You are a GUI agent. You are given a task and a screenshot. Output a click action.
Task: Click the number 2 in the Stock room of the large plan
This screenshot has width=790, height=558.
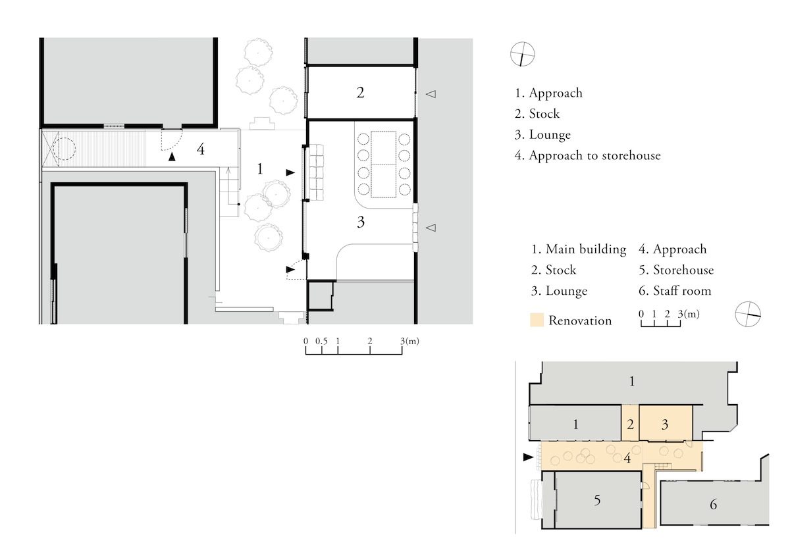coord(359,93)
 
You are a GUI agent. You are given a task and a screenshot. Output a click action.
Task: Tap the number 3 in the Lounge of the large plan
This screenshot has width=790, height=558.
coord(361,222)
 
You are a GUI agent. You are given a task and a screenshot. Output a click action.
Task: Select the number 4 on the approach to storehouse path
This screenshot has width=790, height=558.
coord(201,149)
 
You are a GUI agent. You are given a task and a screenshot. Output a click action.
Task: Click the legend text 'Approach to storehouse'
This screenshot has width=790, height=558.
coord(594,155)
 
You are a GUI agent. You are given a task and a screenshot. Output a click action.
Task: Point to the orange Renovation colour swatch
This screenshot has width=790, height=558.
coord(537,320)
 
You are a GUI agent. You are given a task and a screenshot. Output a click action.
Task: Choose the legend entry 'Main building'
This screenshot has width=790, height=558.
coord(586,249)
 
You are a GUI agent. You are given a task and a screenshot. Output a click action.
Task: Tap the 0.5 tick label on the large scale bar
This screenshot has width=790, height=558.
coord(321,342)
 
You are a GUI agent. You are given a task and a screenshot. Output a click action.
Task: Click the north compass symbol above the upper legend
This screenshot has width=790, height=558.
coord(522,54)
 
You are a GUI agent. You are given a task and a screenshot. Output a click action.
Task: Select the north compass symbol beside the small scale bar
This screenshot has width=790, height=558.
coord(748,314)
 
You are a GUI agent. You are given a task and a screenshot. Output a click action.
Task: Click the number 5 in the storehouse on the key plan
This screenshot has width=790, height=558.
coord(596,500)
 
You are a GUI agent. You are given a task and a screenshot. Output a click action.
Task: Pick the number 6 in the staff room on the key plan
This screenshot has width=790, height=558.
coord(713,504)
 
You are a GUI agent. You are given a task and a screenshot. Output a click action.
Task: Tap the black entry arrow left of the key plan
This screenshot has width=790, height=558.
coord(528,457)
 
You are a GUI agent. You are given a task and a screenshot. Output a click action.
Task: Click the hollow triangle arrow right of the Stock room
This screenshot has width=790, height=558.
coord(431,94)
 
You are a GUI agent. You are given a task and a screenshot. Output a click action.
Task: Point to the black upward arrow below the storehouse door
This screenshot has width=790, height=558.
coord(172,157)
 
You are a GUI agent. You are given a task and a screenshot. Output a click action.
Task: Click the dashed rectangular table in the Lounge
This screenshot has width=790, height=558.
coord(383,165)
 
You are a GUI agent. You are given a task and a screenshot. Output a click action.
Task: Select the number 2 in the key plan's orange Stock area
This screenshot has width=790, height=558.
coord(630,424)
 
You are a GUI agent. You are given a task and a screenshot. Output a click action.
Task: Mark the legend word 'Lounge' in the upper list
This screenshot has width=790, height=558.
coord(550,135)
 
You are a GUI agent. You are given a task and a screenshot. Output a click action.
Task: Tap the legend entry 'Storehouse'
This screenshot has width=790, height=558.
coord(683,270)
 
